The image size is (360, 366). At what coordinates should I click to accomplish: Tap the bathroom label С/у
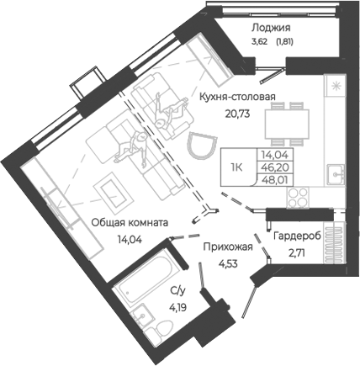point(177,291)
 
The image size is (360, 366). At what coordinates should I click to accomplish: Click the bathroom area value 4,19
point(177,305)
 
